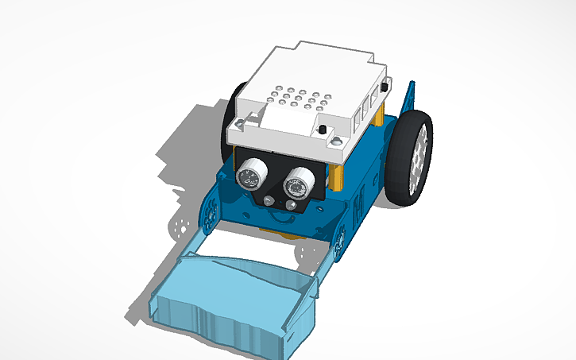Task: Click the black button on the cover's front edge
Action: point(323,130)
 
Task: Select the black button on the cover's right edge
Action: point(385,86)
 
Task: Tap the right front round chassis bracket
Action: point(340,240)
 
